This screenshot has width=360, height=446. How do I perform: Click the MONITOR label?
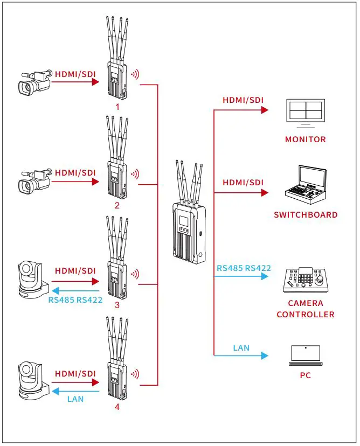pos(305,140)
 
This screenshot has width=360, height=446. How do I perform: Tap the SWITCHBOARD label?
pos(305,215)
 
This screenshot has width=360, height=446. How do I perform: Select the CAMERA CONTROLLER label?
pos(305,309)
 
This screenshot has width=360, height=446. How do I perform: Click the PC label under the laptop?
pos(305,375)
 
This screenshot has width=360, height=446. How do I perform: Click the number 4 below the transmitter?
pos(117,407)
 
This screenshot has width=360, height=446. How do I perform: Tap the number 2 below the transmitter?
pos(117,206)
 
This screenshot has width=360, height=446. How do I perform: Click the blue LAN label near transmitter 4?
pos(75,399)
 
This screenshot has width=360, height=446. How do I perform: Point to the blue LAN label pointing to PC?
pos(241,348)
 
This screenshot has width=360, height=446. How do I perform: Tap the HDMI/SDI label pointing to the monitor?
pos(243,100)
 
